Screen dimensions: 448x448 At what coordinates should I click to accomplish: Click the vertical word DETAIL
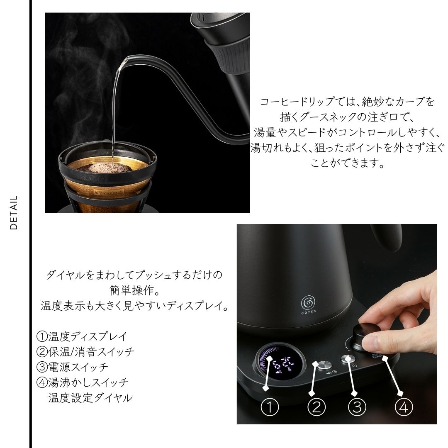coord(13,212)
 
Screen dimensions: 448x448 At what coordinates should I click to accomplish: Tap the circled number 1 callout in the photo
coord(270,407)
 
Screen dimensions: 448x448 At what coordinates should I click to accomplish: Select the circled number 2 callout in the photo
coord(316,407)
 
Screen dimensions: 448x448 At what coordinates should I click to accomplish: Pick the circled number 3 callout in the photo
coord(357,407)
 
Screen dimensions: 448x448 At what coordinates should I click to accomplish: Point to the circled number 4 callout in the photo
coord(404,407)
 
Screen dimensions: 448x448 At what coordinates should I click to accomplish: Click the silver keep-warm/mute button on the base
coord(324,365)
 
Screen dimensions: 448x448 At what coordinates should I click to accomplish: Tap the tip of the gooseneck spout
coord(126,58)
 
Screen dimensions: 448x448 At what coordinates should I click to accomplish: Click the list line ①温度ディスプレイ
coord(82,336)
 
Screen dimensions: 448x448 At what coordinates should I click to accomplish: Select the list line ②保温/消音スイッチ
coord(85,352)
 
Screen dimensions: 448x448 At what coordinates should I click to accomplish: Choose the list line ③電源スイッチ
coord(72,367)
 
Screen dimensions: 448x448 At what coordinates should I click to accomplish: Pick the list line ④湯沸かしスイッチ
coord(82,382)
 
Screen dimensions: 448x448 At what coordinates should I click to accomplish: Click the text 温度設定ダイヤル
coord(90,398)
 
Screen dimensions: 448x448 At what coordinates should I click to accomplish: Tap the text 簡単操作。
coord(135,290)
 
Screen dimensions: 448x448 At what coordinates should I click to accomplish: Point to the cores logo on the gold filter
coord(110,192)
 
